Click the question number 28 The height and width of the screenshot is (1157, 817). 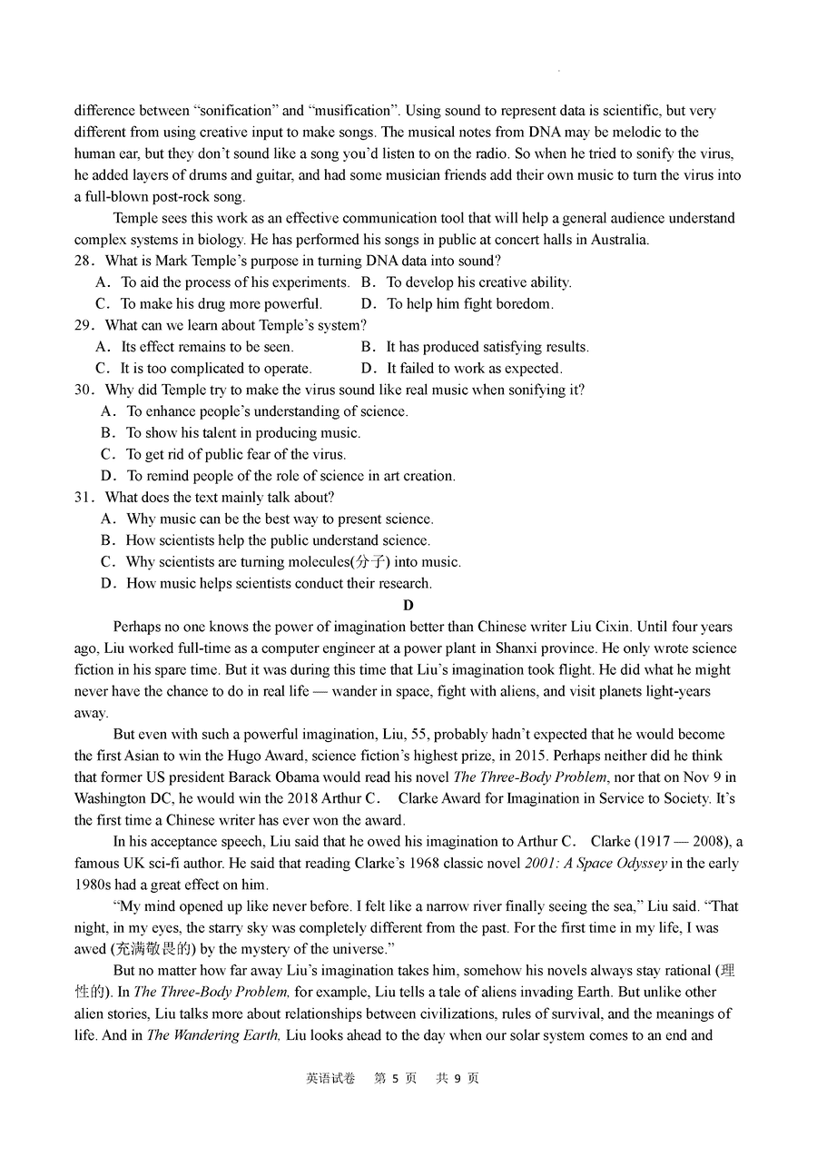[x=84, y=262]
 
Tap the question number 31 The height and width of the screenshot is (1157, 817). [x=84, y=498]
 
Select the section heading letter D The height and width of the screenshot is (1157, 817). [x=408, y=606]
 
